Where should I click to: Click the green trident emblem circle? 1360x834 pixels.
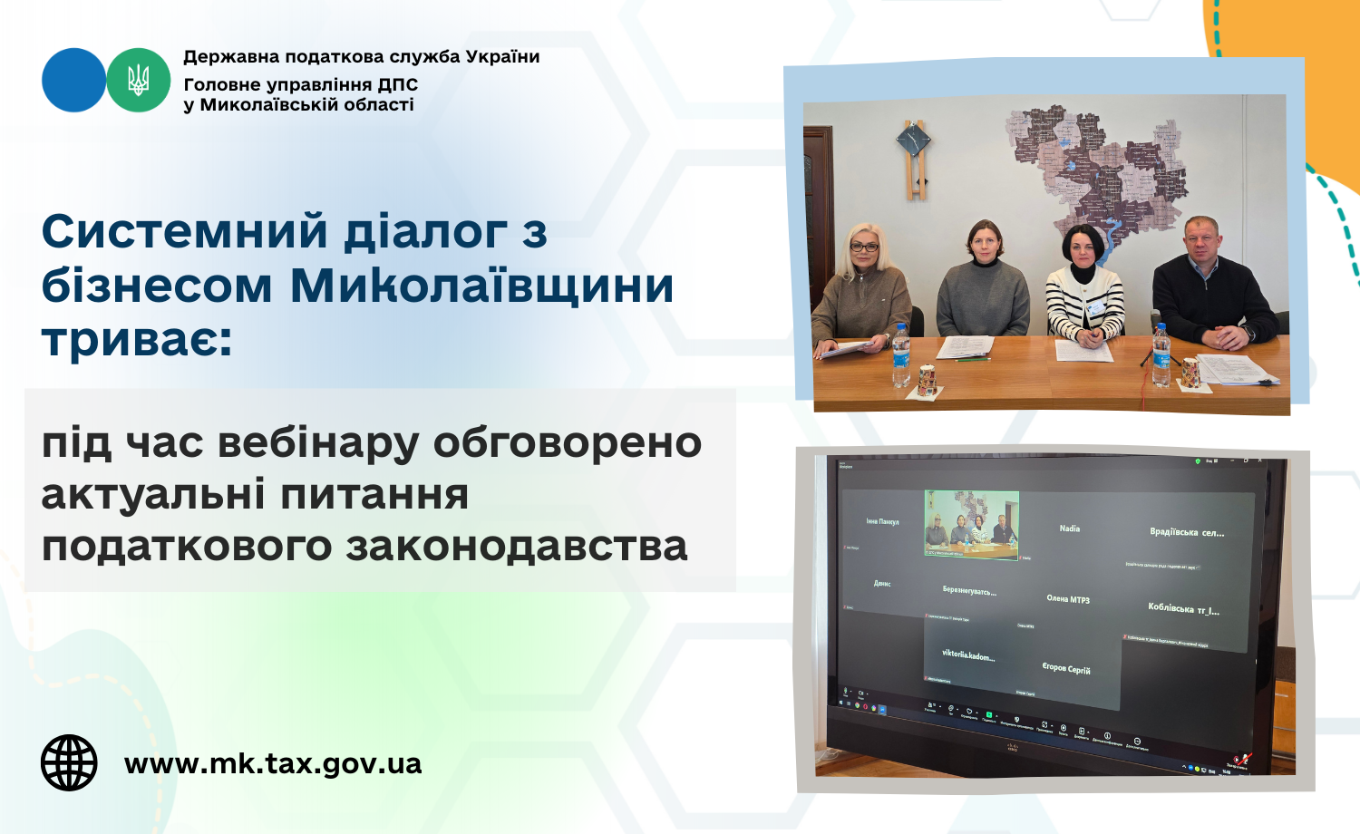(139, 80)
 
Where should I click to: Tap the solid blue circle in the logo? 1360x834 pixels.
(73, 80)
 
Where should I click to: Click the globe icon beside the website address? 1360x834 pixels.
(69, 762)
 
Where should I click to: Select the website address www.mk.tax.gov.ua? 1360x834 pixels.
(273, 763)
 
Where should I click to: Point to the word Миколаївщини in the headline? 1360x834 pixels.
(481, 286)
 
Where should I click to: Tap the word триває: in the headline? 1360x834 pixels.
(137, 340)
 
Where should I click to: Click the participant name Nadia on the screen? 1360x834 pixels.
(1070, 528)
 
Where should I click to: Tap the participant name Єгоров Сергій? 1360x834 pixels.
(1066, 668)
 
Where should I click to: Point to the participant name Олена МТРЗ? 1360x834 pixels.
(1068, 598)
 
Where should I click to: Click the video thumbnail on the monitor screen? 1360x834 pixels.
(971, 523)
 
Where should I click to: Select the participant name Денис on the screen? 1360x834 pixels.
(882, 583)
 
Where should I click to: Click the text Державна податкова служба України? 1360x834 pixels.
(361, 56)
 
